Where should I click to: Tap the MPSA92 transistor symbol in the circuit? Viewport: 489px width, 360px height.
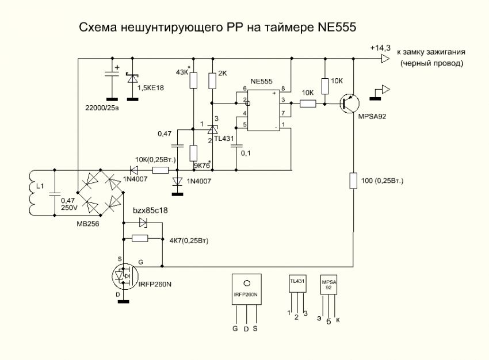pos(347,104)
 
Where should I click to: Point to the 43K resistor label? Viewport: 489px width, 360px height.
pos(182,72)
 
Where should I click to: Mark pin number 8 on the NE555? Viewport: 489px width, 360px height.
pos(283,87)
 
